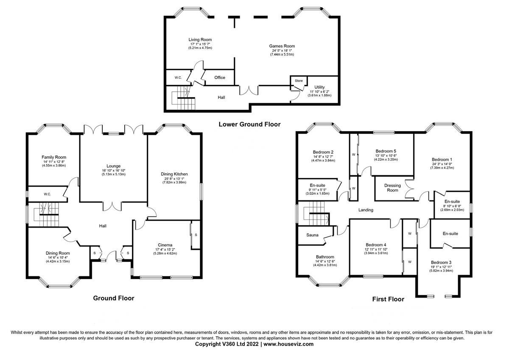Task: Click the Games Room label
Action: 282,46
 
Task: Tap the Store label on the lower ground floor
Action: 299,80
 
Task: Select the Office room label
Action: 220,77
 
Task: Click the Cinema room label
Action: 165,245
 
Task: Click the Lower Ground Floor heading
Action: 249,124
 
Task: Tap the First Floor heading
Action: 388,299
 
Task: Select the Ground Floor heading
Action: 114,298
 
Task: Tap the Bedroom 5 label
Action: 386,151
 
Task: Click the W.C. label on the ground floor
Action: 47,194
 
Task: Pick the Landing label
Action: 366,210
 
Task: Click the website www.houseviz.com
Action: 288,344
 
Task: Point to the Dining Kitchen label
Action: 174,174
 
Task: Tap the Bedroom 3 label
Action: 442,262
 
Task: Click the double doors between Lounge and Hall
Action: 114,205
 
